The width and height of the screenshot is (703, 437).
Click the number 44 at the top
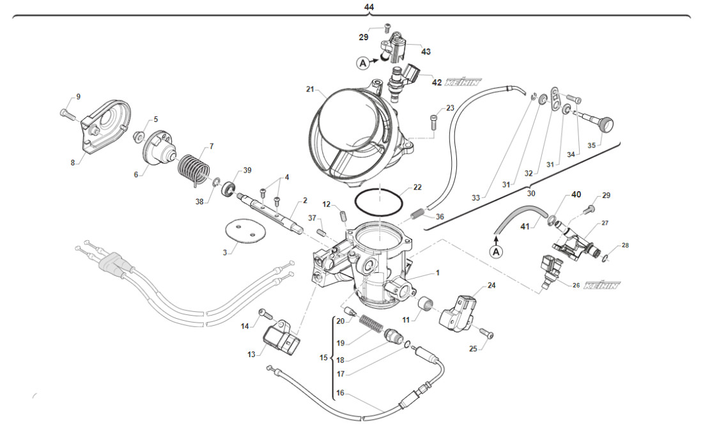coord(369,7)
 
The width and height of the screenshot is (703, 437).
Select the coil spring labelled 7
coord(192,171)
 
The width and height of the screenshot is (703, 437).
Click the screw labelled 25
coord(490,333)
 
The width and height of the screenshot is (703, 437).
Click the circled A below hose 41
coord(497,252)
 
